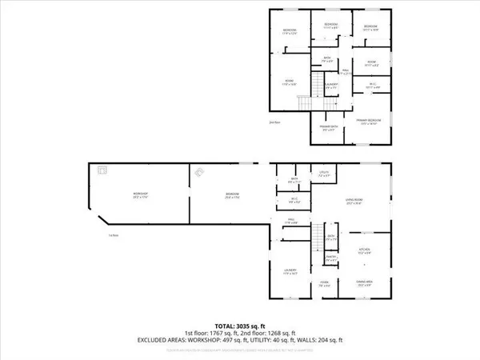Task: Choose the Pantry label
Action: (x=330, y=258)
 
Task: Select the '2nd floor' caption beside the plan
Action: (x=274, y=122)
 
